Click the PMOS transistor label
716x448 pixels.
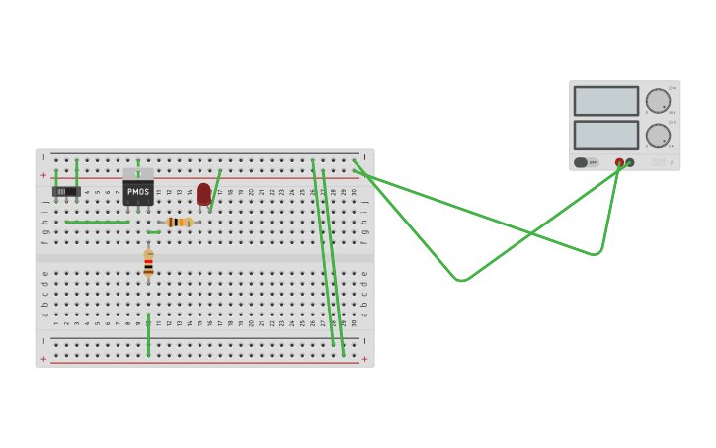pos(138,191)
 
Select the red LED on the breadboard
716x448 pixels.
pos(204,194)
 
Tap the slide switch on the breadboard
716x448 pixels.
pos(66,191)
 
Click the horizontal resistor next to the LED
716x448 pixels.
pos(179,223)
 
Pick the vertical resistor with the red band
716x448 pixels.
pos(149,262)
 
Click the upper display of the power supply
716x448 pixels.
pos(606,101)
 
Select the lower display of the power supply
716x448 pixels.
pos(606,134)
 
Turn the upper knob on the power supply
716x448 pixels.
pos(658,101)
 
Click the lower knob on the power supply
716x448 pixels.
pos(658,135)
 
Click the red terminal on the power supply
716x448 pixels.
pos(619,162)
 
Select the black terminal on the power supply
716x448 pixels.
pos(630,162)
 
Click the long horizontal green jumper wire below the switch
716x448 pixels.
pos(97,222)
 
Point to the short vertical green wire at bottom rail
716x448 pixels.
pos(149,335)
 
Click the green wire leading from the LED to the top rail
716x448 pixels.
pos(215,189)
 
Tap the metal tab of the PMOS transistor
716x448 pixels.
pos(138,172)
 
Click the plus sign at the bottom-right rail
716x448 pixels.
pos(364,359)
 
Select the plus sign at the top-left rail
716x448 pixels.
pos(43,175)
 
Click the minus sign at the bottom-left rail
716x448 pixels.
pos(43,341)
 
